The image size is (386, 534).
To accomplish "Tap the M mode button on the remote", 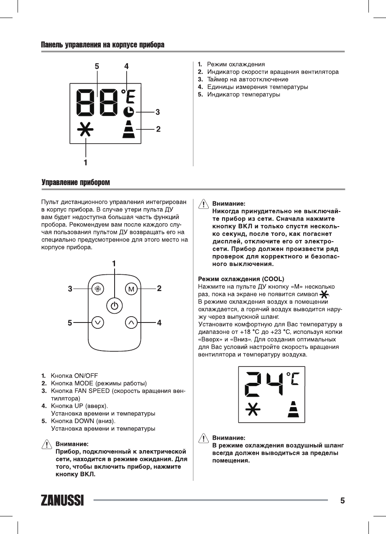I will (131, 289).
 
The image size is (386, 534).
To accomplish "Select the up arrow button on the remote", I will (131, 322).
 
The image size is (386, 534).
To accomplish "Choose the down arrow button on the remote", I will (98, 322).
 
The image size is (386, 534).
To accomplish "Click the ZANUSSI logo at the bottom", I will (62, 500).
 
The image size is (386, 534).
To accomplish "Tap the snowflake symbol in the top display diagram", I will (85, 130).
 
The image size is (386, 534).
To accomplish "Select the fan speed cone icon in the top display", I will (129, 129).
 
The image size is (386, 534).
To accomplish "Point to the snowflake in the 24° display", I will (251, 410).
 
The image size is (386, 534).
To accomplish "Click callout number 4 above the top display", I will (126, 66).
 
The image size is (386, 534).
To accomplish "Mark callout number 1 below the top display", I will (85, 161).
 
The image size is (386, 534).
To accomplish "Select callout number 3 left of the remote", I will (71, 289).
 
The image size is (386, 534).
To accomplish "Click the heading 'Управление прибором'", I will (76, 183).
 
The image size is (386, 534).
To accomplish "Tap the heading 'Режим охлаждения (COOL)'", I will (241, 279).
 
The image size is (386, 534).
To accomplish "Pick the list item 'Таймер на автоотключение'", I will (248, 79).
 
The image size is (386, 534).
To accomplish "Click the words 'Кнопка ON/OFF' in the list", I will (74, 375).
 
